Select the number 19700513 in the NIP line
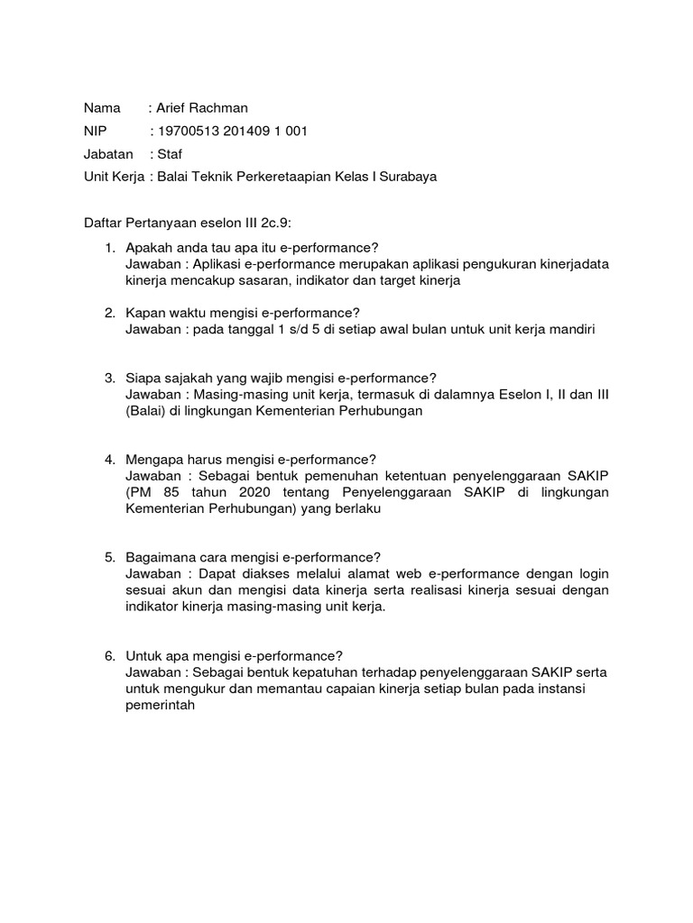(x=189, y=132)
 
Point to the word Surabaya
(x=407, y=177)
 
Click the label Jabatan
(x=107, y=154)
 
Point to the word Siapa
(x=144, y=378)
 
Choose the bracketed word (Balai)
(x=148, y=411)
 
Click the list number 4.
(x=107, y=460)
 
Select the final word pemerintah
(x=160, y=705)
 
